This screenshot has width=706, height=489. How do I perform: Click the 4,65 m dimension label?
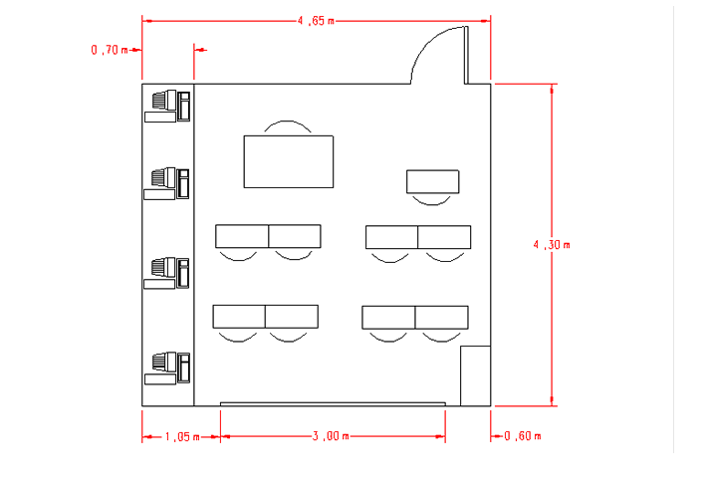click(316, 21)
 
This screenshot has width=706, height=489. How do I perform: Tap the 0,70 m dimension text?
click(110, 50)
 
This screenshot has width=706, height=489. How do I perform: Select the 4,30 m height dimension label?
click(552, 245)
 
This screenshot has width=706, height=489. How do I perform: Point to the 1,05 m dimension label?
click(182, 437)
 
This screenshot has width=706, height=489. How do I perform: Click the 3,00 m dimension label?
click(331, 436)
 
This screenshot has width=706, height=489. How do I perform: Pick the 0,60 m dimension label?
click(523, 436)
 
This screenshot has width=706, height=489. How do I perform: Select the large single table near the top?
click(289, 161)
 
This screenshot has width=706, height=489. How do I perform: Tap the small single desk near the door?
click(433, 181)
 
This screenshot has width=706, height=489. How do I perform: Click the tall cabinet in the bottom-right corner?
click(475, 376)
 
